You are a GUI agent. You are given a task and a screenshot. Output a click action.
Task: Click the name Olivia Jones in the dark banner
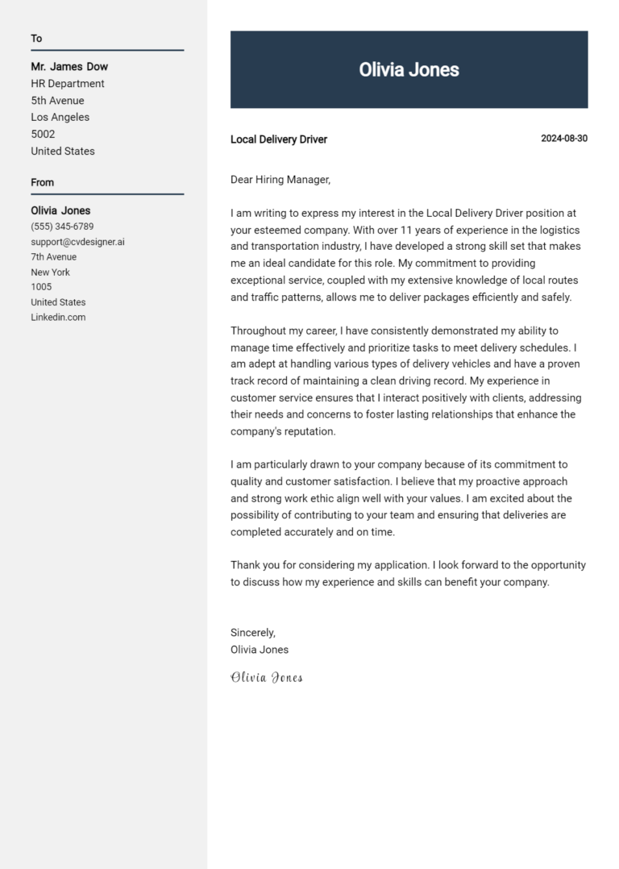409,70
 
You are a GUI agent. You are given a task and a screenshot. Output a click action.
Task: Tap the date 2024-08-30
563,139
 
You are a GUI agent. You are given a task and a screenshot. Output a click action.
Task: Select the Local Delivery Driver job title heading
279,139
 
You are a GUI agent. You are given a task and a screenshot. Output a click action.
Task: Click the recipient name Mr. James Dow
69,67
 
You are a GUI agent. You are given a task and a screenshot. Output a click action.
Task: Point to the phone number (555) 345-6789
62,227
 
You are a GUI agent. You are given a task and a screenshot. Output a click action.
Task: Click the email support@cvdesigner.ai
77,242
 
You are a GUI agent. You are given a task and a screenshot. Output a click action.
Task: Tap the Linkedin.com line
58,318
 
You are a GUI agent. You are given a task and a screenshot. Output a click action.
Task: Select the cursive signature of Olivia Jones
267,677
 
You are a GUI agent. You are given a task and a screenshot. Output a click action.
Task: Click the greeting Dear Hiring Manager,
280,180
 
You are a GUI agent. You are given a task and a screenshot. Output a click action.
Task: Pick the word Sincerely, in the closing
253,633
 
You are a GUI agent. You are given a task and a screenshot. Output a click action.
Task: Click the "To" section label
36,39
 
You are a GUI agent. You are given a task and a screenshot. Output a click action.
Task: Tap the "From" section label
43,182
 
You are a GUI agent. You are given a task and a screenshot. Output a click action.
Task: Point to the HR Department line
68,84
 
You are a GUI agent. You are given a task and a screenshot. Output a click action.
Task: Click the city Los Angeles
60,118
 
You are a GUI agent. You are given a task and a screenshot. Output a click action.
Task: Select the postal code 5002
43,135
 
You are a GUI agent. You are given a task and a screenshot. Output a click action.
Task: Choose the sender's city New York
50,272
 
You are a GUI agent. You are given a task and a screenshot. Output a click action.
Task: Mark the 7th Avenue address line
53,257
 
